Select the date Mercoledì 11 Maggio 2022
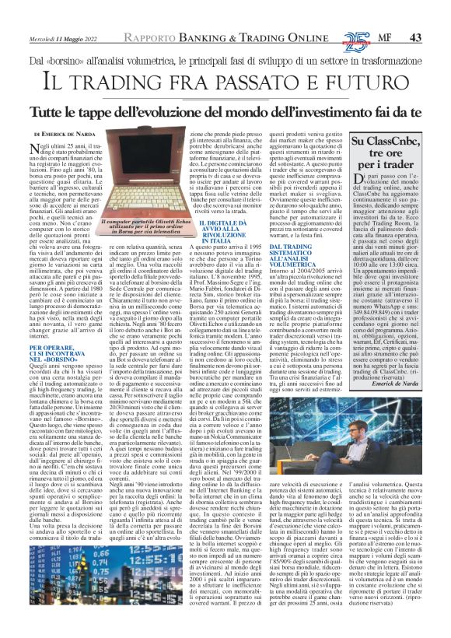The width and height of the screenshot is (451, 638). (63, 16)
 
